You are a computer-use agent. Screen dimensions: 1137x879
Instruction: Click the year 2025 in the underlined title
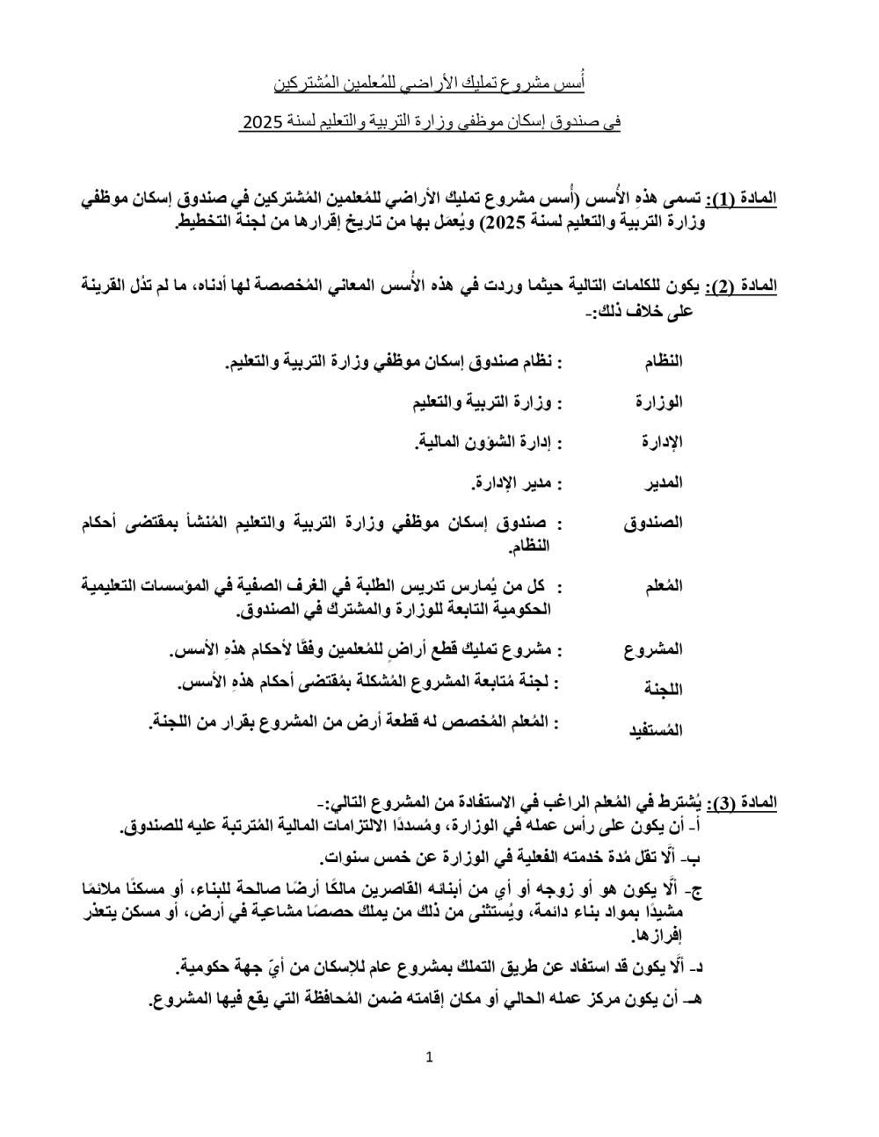[259, 124]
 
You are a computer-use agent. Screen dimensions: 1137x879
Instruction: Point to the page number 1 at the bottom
[430, 1057]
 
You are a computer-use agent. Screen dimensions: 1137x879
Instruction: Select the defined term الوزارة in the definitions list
[659, 402]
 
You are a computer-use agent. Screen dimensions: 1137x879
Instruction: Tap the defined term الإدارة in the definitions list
[661, 442]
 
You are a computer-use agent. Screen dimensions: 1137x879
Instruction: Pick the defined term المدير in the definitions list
[664, 482]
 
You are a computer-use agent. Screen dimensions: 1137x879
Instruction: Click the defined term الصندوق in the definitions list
[653, 523]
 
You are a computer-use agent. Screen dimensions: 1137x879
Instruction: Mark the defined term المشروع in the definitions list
[654, 650]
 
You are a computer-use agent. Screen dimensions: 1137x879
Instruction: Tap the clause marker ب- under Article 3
[699, 858]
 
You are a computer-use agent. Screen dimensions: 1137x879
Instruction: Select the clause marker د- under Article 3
[699, 967]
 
